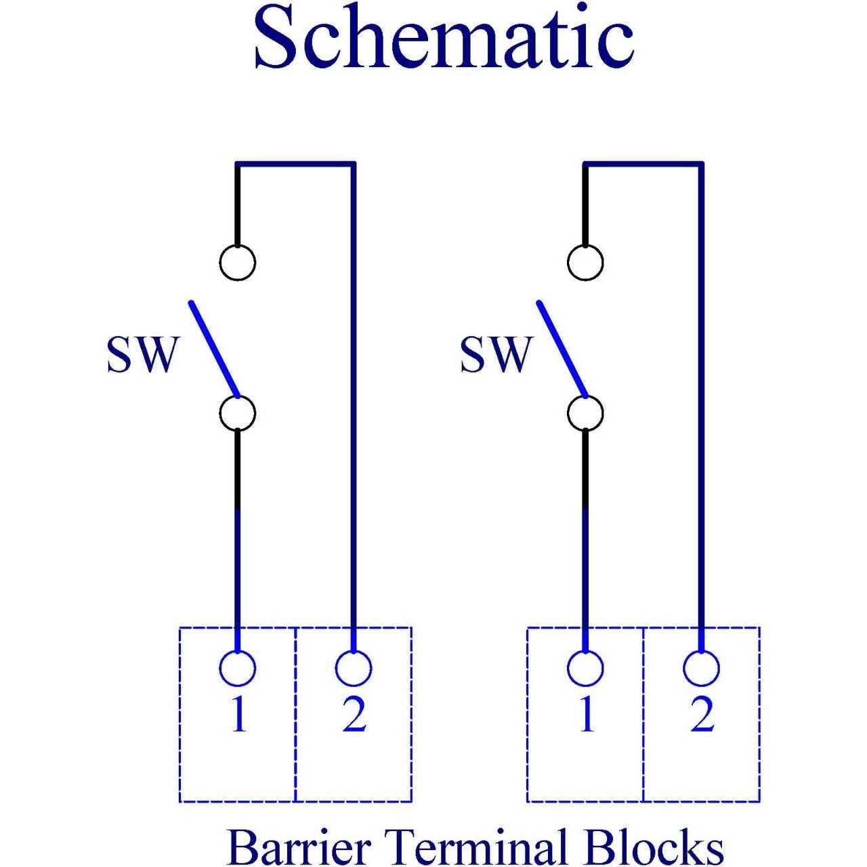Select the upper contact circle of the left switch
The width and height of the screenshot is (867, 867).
coord(238,261)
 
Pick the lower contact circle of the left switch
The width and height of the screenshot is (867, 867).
coord(238,413)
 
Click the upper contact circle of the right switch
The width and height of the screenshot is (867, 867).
coord(585,261)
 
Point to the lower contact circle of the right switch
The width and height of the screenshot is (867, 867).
coord(585,413)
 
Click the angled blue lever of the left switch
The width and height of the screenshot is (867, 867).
coord(214,349)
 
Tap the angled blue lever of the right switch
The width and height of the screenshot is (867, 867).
coord(562,349)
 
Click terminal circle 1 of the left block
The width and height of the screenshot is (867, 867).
coord(238,669)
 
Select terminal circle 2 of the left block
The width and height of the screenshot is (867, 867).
coord(354,669)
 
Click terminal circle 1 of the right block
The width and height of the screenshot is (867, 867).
coord(585,669)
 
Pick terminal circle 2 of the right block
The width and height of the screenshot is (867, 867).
coord(701,669)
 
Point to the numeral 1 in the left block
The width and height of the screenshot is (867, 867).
coord(238,714)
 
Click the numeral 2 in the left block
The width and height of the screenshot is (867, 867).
coord(354,714)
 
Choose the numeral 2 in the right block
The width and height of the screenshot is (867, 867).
coord(702,714)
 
